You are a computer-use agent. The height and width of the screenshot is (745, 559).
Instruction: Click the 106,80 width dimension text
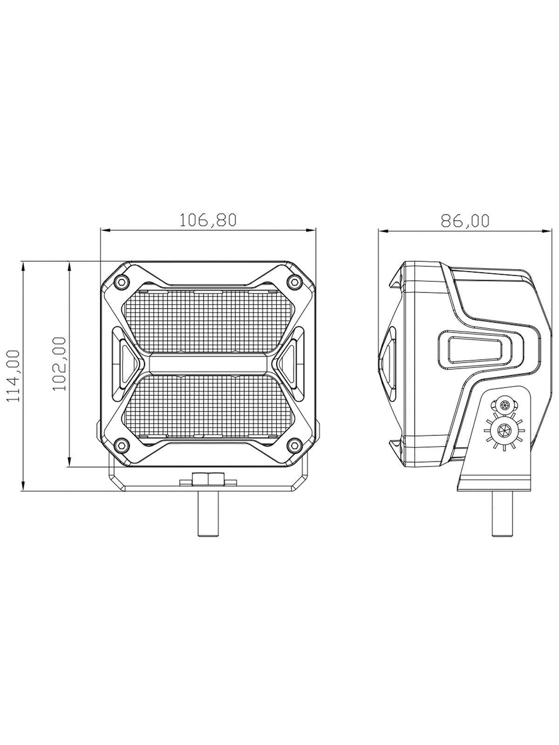(x=207, y=221)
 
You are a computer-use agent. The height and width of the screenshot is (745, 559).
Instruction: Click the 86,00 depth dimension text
(x=465, y=221)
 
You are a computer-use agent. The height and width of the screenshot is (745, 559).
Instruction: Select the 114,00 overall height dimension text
(x=13, y=376)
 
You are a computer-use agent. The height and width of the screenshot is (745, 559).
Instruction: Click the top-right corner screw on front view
(x=294, y=281)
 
